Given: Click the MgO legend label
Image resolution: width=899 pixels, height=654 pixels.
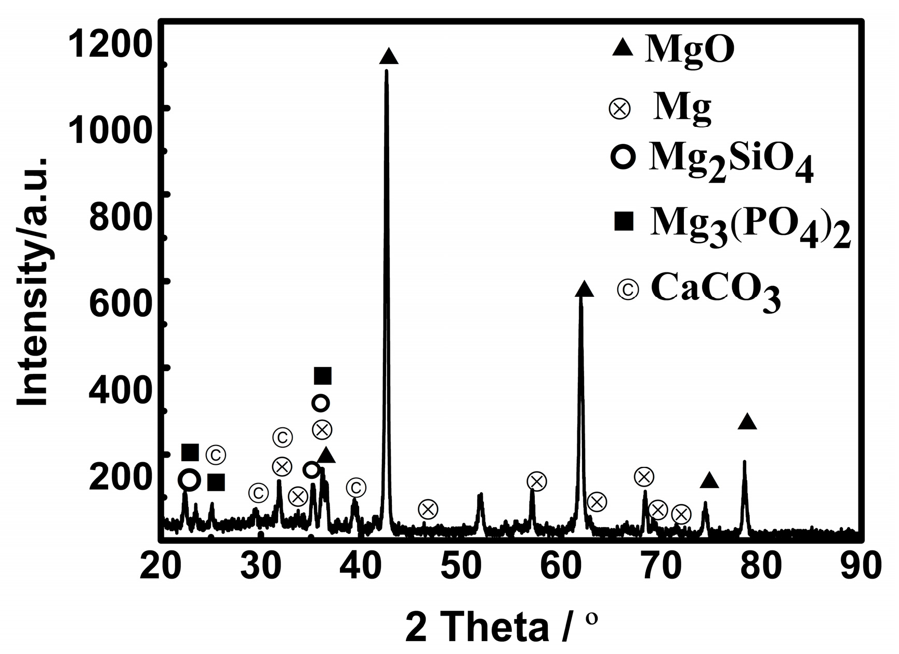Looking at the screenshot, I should click(x=689, y=49).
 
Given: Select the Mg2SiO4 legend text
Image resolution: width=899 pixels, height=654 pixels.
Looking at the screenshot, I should click(x=730, y=162).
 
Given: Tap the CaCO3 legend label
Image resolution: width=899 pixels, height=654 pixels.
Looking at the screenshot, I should click(x=716, y=293).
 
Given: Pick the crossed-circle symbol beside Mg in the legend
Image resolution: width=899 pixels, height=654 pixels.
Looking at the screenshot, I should click(x=619, y=109).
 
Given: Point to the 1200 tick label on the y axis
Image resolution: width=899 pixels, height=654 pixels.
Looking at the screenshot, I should click(x=110, y=44).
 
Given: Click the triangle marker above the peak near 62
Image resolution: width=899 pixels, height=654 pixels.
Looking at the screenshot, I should click(x=584, y=289).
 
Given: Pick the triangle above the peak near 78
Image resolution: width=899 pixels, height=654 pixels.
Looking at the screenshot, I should click(x=747, y=422).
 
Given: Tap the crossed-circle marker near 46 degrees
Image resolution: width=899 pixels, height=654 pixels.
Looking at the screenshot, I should click(x=428, y=509).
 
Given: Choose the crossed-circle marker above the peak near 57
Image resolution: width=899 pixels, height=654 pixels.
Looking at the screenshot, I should click(x=537, y=481).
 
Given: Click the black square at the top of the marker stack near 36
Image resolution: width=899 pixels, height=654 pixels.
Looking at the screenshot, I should click(x=323, y=375).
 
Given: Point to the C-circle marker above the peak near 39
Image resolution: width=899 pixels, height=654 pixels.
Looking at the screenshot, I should click(x=356, y=488).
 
